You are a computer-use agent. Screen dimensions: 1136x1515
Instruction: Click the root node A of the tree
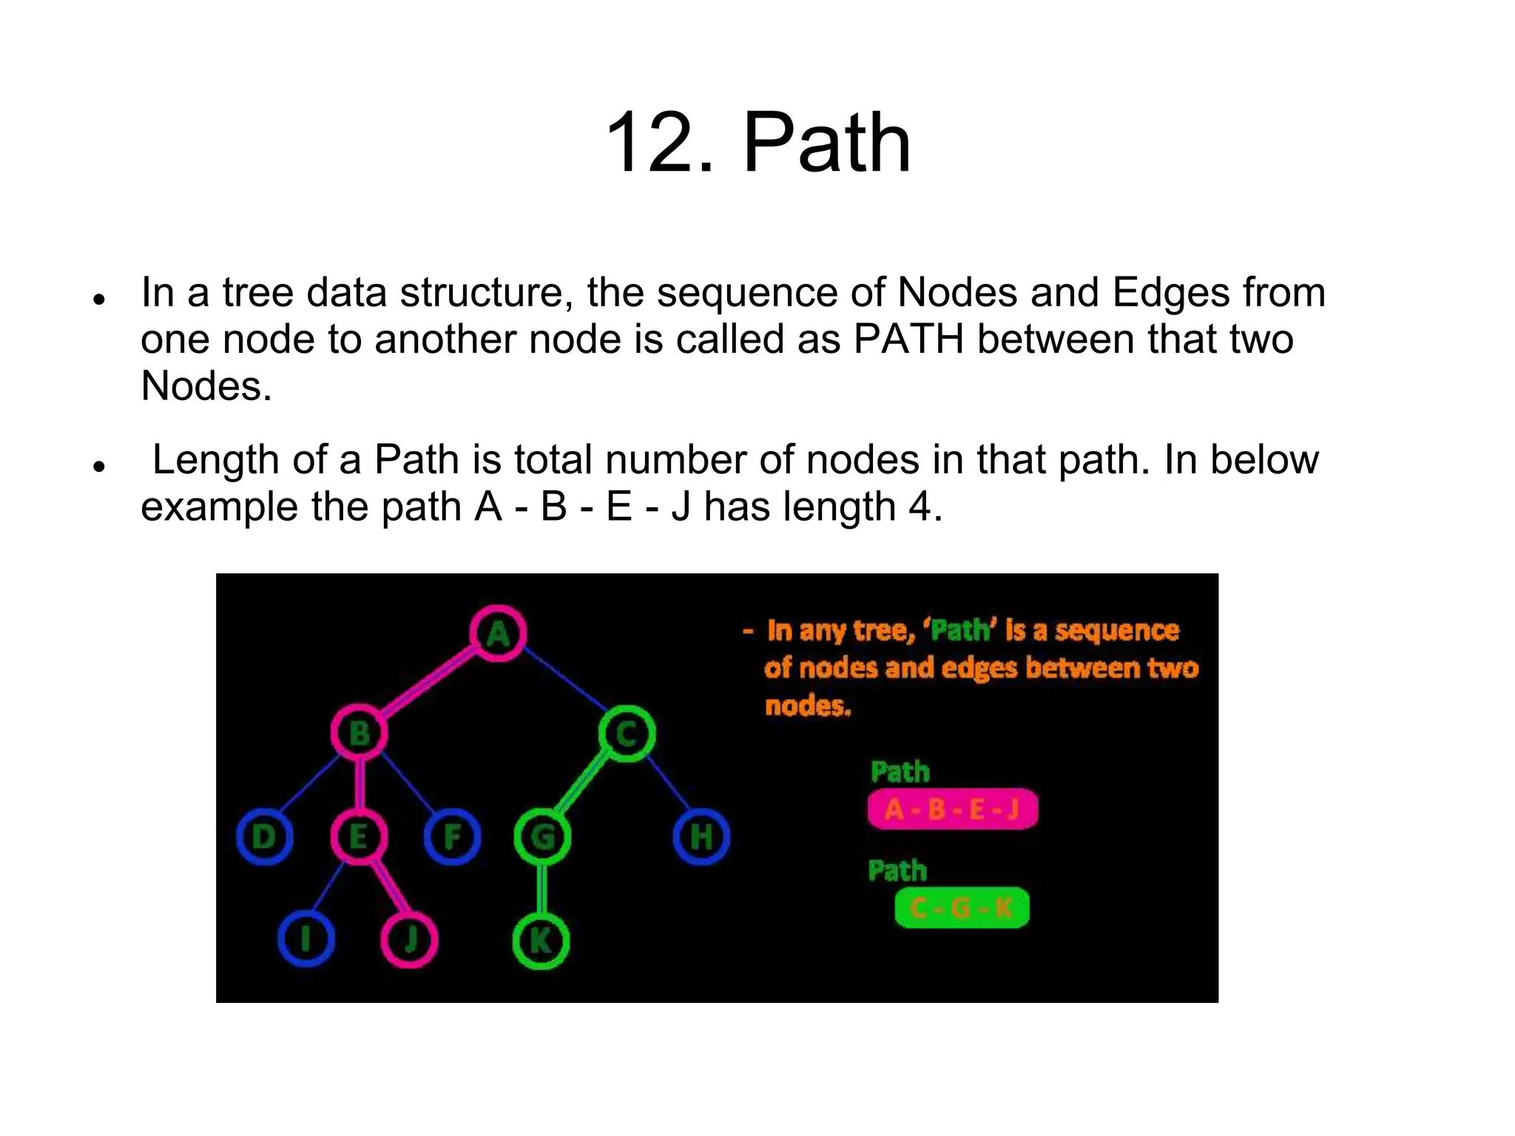pos(498,634)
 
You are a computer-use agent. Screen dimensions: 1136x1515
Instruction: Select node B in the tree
pos(360,733)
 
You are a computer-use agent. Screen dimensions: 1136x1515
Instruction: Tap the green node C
pos(627,734)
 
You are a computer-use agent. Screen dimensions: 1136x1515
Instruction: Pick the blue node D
pos(264,836)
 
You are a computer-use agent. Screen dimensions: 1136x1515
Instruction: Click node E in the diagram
pos(359,836)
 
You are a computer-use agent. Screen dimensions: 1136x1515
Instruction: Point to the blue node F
pos(452,836)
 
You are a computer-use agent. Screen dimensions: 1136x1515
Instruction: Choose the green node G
pos(542,836)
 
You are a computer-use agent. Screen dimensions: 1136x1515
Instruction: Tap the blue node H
pos(701,836)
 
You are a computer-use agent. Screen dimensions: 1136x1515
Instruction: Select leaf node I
pos(306,939)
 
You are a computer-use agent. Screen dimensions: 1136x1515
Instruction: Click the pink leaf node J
pos(409,939)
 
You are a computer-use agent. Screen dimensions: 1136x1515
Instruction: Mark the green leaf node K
pos(541,941)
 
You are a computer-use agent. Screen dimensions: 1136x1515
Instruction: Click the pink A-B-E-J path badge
pos(953,809)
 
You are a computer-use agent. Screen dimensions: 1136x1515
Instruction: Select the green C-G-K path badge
pos(962,907)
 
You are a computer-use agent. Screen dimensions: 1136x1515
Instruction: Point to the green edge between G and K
pos(541,889)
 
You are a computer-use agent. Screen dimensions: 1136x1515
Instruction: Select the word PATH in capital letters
pos(909,339)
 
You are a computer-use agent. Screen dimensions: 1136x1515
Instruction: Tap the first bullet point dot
pos(98,299)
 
